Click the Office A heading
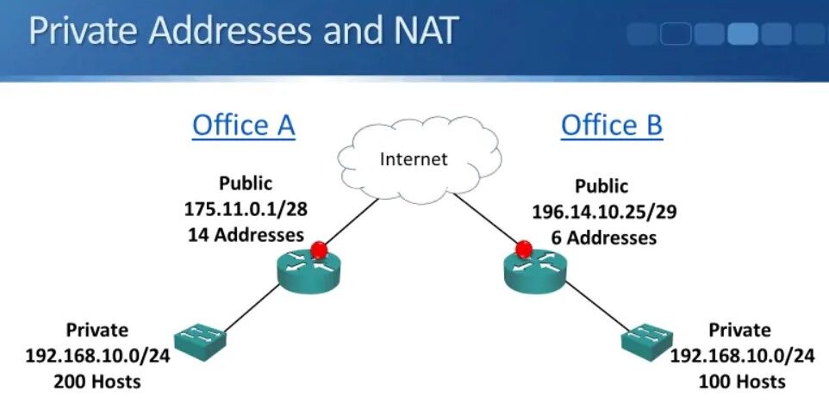coord(243,125)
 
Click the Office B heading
coord(611,125)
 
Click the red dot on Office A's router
coord(320,250)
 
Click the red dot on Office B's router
coord(523,250)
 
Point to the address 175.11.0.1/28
coord(245,208)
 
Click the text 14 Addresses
coord(245,233)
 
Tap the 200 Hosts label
coord(98,380)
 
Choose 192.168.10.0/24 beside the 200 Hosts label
coord(97,355)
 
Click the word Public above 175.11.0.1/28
coord(245,183)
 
